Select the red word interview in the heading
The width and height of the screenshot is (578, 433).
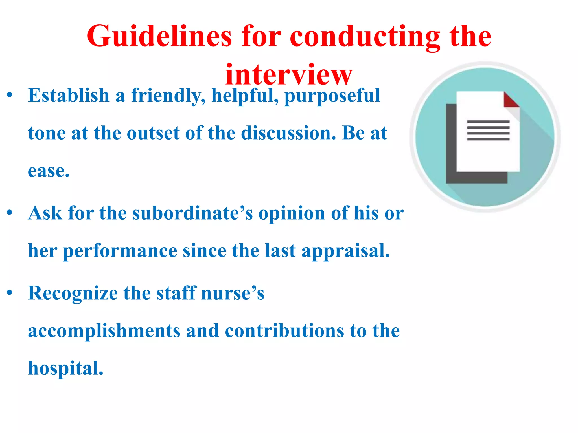point(289,74)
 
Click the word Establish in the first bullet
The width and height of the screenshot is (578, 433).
point(69,95)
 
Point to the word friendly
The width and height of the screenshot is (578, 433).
point(168,96)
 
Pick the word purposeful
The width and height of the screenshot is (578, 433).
point(332,96)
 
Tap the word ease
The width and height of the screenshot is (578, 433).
point(49,171)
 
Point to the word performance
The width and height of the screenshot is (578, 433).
point(120,251)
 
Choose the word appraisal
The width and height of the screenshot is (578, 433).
point(345,251)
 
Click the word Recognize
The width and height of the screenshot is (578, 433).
point(73,293)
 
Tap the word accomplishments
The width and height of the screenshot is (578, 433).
point(104,331)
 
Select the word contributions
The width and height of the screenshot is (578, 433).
point(284,331)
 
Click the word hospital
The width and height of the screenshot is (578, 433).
point(65,368)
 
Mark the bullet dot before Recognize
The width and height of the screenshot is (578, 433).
point(10,293)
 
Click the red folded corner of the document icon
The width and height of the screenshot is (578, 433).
point(510,100)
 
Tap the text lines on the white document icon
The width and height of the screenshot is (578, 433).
point(488,130)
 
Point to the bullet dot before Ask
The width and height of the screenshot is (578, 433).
point(10,212)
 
